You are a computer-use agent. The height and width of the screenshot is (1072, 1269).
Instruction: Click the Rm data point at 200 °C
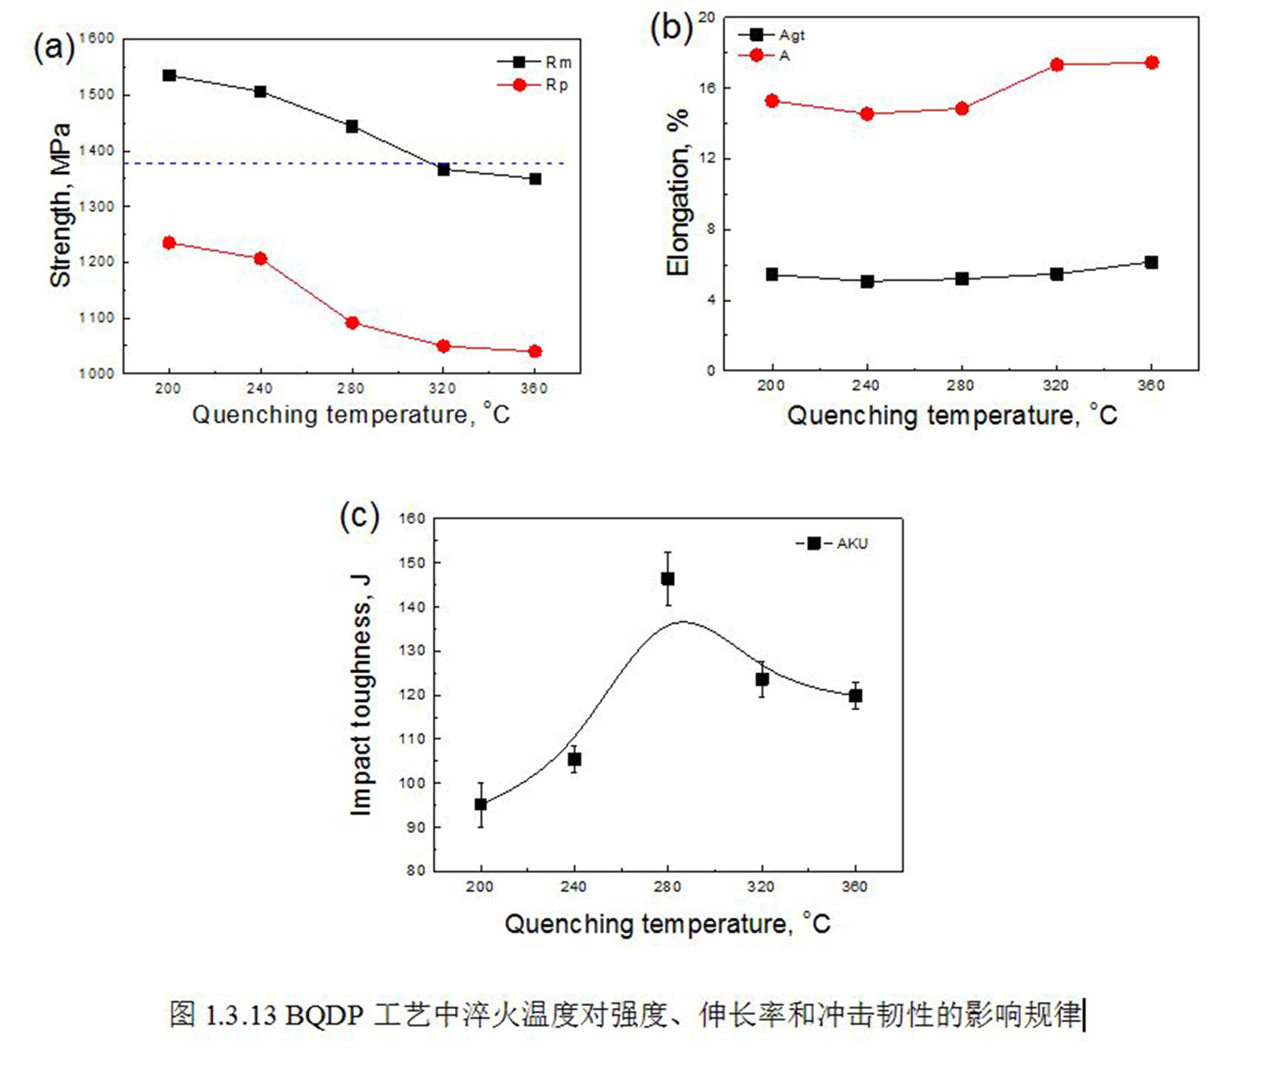[x=169, y=75]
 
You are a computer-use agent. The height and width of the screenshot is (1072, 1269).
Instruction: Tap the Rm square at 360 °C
[x=535, y=179]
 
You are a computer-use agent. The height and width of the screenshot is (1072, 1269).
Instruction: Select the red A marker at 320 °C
[x=1057, y=64]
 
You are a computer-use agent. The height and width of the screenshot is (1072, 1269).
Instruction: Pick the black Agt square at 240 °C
[x=867, y=281]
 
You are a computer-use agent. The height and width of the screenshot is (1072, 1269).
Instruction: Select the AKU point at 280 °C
[x=668, y=578]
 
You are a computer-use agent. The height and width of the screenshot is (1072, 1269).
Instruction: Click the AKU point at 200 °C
[x=481, y=805]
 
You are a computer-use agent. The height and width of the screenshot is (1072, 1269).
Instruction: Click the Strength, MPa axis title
[x=61, y=205]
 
